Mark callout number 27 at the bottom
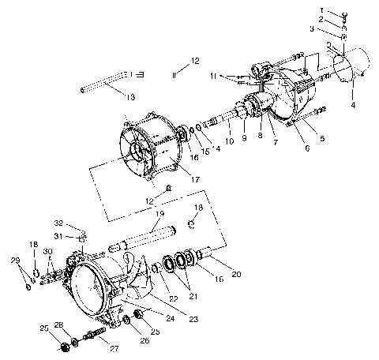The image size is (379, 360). point(114,347)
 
